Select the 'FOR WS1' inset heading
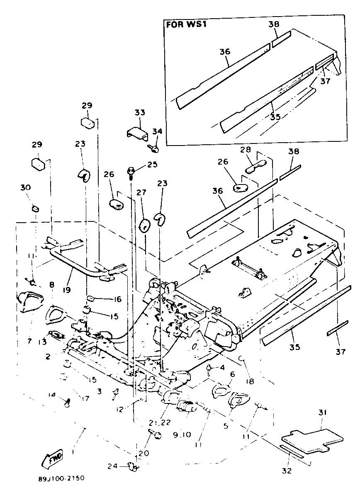pos(187,24)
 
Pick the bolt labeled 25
pos(131,170)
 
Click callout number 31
pos(323,413)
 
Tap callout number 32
pos(287,471)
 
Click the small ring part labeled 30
pos(35,207)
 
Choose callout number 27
pos(141,193)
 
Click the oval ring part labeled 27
pos(144,226)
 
